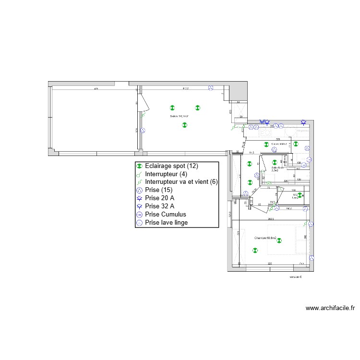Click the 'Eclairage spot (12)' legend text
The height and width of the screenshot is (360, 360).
(170, 166)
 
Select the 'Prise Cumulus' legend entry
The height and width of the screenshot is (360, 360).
(166, 215)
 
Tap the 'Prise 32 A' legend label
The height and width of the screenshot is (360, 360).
(160, 206)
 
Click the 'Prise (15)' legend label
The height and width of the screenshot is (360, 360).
(158, 191)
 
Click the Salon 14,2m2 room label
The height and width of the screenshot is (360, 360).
(179, 116)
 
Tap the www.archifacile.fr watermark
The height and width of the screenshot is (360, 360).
(330, 308)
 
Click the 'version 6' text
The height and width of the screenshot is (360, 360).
(296, 277)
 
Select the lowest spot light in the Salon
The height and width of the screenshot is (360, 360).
(184, 125)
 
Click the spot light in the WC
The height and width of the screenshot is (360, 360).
(300, 195)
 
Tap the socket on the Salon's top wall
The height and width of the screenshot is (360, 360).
(210, 88)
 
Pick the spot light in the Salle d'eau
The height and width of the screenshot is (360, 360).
(275, 162)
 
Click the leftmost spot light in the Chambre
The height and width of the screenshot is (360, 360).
(255, 250)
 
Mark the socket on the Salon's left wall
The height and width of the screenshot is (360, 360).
(143, 130)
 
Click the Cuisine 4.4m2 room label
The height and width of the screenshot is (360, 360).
(279, 144)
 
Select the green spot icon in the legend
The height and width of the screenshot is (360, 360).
(139, 166)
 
